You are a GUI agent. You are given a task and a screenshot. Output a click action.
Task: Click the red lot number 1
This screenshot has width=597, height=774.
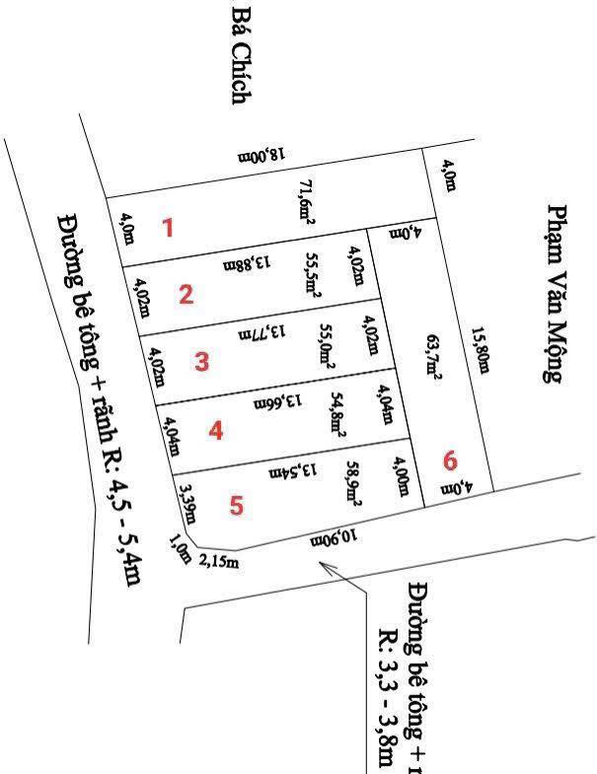(168, 229)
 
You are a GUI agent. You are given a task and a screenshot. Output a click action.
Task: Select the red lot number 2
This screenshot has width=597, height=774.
(186, 294)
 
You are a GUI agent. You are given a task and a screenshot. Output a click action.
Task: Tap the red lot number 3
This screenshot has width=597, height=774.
(201, 361)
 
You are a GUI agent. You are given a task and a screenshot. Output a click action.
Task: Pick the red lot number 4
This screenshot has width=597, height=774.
(216, 431)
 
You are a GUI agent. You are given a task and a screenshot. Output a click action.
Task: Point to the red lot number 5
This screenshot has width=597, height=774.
(235, 506)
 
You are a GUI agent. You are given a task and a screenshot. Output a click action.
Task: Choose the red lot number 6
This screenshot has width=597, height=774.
(451, 460)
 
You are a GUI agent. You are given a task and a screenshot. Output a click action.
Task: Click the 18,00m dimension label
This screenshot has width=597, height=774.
(261, 155)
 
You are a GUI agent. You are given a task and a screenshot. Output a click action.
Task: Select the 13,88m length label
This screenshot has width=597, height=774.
(247, 262)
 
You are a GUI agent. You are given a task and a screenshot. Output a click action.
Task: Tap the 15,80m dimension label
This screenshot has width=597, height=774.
(480, 351)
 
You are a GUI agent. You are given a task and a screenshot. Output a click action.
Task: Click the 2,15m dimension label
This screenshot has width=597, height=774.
(219, 562)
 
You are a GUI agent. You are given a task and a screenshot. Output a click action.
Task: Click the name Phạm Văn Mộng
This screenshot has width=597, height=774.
(558, 293)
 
